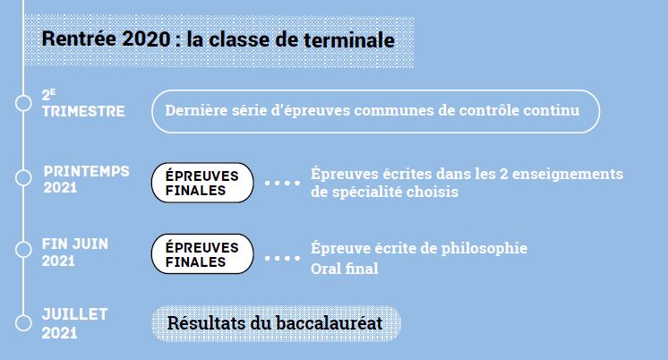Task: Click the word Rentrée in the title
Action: (79, 39)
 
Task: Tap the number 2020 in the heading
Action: (146, 39)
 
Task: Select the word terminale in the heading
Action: (349, 39)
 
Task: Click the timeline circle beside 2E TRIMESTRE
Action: (23, 103)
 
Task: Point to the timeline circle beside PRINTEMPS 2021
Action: (23, 177)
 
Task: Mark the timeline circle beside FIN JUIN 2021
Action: (23, 250)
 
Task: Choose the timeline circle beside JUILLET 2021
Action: (23, 323)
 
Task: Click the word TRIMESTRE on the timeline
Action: (83, 111)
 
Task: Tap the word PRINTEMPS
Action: (87, 171)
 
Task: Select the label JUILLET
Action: (74, 314)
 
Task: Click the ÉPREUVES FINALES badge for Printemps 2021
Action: (202, 183)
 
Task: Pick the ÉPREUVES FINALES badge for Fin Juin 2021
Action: (202, 254)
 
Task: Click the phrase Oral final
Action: (344, 269)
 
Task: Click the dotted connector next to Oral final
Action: (282, 258)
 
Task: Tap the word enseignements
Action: (568, 174)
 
